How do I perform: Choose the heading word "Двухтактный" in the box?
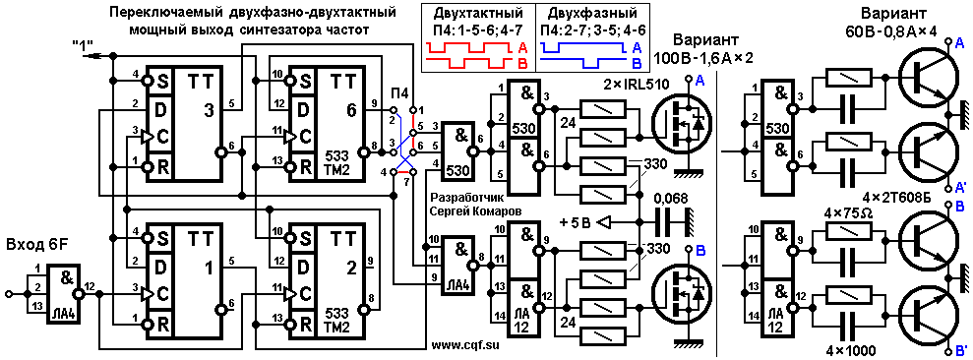pyautogui.click(x=477, y=14)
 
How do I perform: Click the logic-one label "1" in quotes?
pyautogui.click(x=82, y=44)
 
